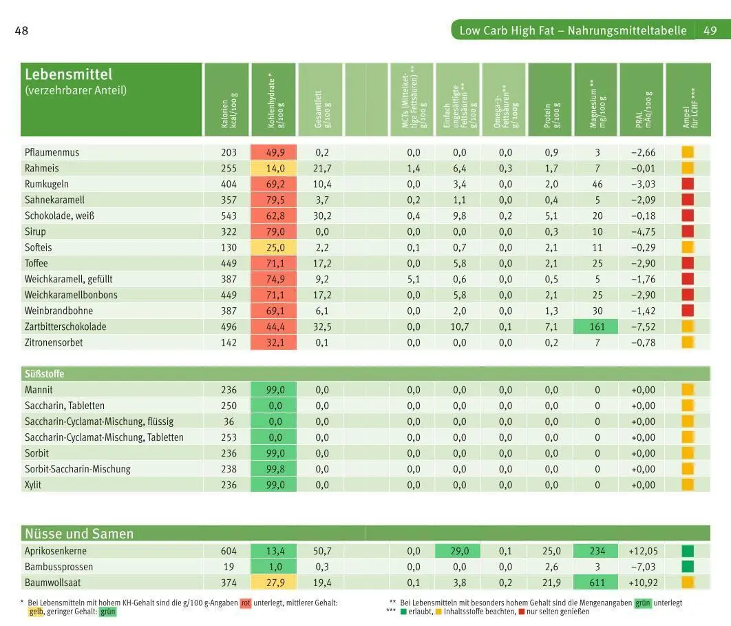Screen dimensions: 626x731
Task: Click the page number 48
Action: coord(21,31)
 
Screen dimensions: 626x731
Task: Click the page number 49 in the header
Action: coord(710,31)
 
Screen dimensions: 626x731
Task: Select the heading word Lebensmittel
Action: coord(68,74)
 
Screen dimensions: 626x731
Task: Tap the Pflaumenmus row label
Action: coord(52,152)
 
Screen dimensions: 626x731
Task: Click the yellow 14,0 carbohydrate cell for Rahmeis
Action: coord(273,168)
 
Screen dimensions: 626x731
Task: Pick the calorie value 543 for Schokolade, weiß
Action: coord(229,216)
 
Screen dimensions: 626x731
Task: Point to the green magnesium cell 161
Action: coord(597,326)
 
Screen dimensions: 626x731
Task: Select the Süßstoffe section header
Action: coord(45,374)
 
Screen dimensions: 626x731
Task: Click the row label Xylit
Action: coord(33,485)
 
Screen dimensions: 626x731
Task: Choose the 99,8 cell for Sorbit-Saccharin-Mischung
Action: coord(273,469)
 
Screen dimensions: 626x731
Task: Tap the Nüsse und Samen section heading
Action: coord(79,534)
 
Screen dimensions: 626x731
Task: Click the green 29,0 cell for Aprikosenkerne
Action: coord(459,551)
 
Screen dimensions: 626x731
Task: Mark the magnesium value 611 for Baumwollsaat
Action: coord(597,583)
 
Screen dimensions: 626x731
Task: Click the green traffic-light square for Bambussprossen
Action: coord(688,567)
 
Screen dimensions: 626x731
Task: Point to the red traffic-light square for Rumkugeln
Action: coord(688,184)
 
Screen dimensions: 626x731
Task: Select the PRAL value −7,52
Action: coord(643,326)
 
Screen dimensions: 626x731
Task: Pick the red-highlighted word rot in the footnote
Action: coord(246,603)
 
